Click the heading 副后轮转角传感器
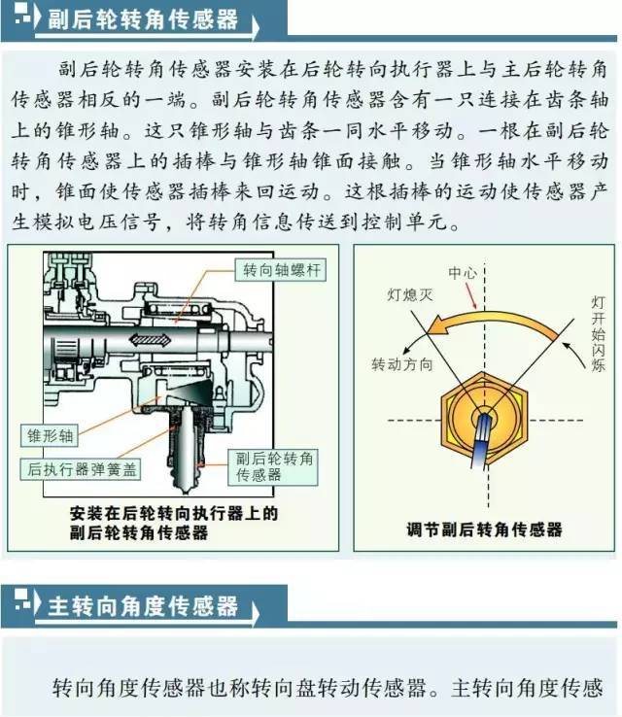pos(142,19)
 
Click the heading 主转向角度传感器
pos(142,607)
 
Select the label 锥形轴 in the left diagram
pos(44,436)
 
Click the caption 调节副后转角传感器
pos(484,530)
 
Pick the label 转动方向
pos(401,363)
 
